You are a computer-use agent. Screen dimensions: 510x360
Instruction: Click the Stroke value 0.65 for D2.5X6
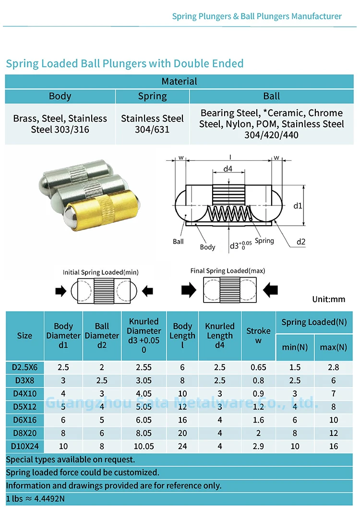tap(258, 367)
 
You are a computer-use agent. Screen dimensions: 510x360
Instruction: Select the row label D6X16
tap(24, 420)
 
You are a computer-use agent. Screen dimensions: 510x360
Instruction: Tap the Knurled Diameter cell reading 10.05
tap(144, 447)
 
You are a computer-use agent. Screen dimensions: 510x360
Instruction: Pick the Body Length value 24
tap(182, 447)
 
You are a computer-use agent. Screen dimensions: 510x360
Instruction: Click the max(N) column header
tap(333, 347)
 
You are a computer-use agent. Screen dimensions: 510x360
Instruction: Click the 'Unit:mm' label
tap(329, 299)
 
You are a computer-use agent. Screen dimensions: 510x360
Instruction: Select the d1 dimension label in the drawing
tap(298, 206)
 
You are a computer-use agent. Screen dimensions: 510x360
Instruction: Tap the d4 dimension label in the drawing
tap(228, 169)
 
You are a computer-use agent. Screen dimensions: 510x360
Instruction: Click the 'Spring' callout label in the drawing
tap(264, 241)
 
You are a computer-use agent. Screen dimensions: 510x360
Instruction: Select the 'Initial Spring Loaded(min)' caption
tap(101, 272)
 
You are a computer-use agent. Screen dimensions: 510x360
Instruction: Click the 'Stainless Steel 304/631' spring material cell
tap(152, 124)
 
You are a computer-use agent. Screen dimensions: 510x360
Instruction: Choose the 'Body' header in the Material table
tap(60, 96)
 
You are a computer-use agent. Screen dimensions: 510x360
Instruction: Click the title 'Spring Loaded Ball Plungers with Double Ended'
tap(125, 63)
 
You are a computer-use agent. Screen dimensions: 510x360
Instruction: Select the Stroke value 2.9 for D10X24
tap(258, 447)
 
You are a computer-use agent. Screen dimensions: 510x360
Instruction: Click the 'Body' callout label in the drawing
tap(207, 247)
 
